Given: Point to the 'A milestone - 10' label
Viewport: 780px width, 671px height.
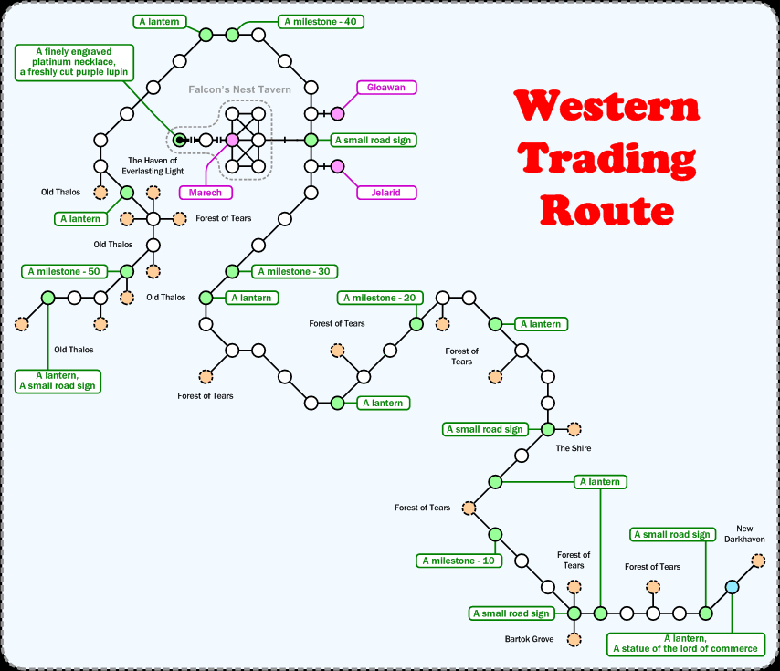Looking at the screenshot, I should coord(459,561).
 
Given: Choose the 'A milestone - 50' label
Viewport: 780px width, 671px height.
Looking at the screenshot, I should coord(64,271).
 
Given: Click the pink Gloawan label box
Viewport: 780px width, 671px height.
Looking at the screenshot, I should coord(386,88).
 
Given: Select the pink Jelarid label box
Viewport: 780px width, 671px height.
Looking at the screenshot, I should coord(386,193).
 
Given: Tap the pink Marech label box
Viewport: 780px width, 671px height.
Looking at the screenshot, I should coord(206,193).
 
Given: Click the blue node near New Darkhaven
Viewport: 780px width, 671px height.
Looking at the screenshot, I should coord(732,587).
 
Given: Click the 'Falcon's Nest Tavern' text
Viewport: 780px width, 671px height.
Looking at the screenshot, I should coord(240,89).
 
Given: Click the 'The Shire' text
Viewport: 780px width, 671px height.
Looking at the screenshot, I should coord(574,448).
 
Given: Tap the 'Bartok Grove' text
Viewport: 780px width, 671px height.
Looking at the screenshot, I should coord(529,639).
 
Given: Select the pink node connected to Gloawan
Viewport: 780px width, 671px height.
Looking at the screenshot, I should coord(337,113).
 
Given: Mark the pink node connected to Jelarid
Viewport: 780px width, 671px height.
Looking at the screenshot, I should coord(337,166).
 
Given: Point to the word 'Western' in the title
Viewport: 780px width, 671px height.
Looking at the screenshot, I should coord(606,107).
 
